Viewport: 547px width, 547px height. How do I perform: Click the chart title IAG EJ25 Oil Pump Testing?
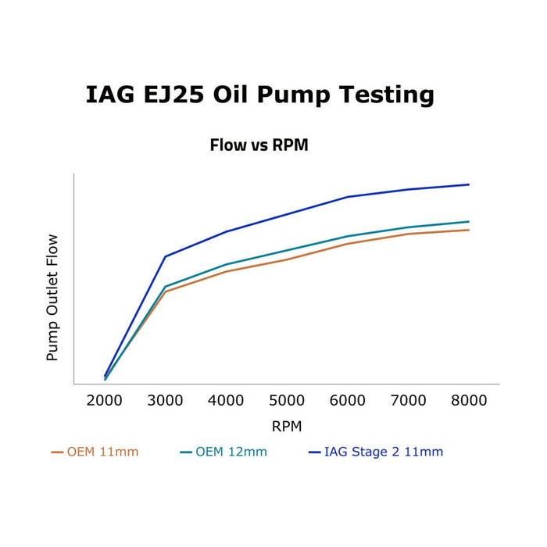pyautogui.click(x=259, y=95)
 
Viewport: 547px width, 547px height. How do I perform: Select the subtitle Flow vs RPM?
pyautogui.click(x=259, y=145)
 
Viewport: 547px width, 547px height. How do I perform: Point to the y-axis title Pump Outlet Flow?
pyautogui.click(x=52, y=298)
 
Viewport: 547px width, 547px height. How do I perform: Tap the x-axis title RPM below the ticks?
pyautogui.click(x=286, y=427)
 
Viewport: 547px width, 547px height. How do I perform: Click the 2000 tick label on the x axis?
pyautogui.click(x=104, y=401)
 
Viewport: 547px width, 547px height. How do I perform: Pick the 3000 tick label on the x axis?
pyautogui.click(x=165, y=401)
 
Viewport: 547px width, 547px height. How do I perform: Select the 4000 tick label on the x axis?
pyautogui.click(x=226, y=401)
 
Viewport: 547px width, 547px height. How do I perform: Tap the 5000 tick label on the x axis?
pyautogui.click(x=287, y=401)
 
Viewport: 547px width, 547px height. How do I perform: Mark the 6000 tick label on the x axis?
pyautogui.click(x=348, y=401)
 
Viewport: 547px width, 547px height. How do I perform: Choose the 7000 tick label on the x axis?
pyautogui.click(x=408, y=401)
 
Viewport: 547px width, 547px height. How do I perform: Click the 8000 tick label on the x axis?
pyautogui.click(x=469, y=401)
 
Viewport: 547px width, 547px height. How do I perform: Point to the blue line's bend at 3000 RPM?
pyautogui.click(x=165, y=256)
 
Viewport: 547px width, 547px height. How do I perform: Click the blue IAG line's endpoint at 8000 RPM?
pyautogui.click(x=469, y=184)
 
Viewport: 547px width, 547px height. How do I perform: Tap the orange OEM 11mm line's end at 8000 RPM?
pyautogui.click(x=469, y=230)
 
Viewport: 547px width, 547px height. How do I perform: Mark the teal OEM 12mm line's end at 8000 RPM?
pyautogui.click(x=469, y=221)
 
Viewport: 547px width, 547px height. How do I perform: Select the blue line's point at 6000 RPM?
pyautogui.click(x=348, y=197)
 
